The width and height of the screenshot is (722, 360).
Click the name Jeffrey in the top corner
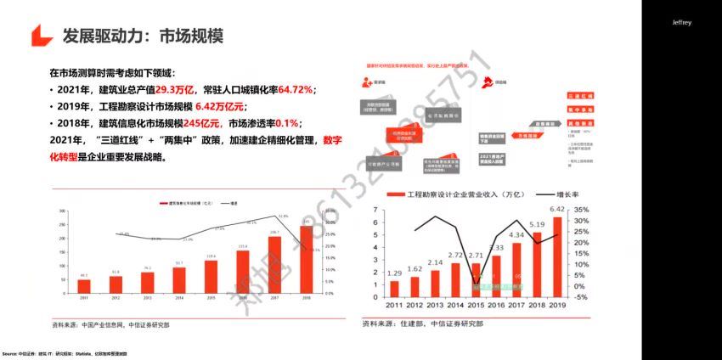click(x=682, y=23)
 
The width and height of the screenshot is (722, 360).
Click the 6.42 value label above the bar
click(x=557, y=209)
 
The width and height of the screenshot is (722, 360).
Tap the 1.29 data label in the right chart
click(x=394, y=273)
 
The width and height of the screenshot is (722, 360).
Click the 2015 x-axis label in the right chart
click(x=476, y=304)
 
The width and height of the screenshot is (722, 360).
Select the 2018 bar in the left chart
click(x=306, y=259)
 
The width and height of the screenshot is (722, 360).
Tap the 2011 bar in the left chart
click(x=83, y=286)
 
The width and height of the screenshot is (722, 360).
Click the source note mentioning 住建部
click(x=422, y=323)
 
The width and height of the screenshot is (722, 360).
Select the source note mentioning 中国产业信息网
click(x=110, y=325)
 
